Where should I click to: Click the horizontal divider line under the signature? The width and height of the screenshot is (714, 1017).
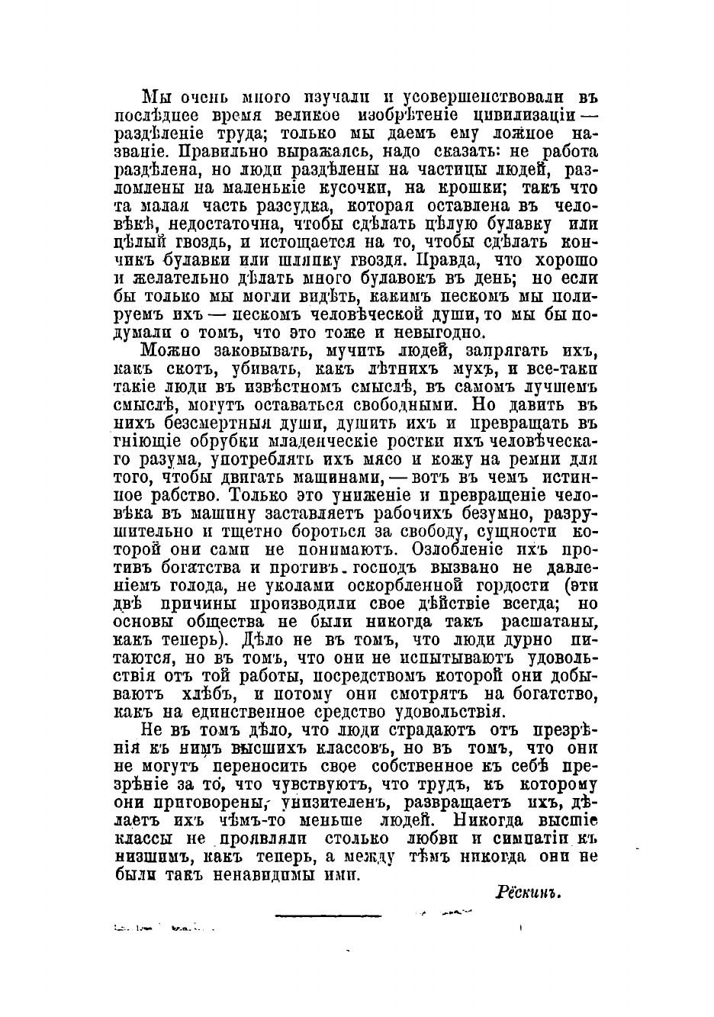327,914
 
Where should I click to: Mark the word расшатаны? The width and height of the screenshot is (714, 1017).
549,623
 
